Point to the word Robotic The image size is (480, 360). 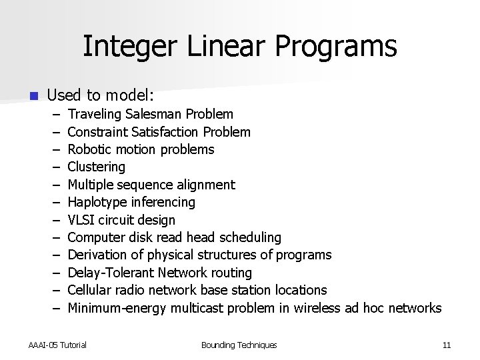[x=89, y=149]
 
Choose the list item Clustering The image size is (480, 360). [x=97, y=167]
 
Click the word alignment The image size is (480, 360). [x=205, y=185]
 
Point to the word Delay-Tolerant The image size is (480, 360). [x=110, y=273]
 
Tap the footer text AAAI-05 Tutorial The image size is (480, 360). [x=57, y=345]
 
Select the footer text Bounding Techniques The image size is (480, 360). [x=239, y=345]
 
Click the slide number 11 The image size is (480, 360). [x=447, y=345]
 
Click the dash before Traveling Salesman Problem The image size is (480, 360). [x=53, y=115]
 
